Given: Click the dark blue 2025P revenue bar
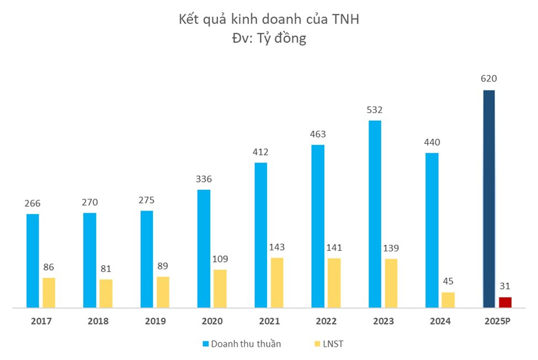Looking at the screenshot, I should tap(489, 198).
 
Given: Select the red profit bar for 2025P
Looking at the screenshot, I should tap(505, 302).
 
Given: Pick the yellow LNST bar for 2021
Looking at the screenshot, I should tap(277, 282).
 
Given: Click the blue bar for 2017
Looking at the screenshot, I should tap(33, 260).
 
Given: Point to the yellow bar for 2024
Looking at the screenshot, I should tap(448, 299).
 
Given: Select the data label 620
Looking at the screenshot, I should tap(489, 79).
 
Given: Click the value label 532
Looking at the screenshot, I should tap(375, 110).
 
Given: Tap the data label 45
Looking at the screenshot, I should tap(448, 282).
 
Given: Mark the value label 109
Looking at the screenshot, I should tap(220, 259).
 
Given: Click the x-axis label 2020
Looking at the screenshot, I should tap(212, 321).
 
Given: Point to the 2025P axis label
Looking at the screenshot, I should tap(497, 321).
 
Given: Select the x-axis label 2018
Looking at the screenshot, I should tap(98, 321).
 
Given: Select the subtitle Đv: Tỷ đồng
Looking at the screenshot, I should tap(269, 39).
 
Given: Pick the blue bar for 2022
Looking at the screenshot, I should tap(318, 226).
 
